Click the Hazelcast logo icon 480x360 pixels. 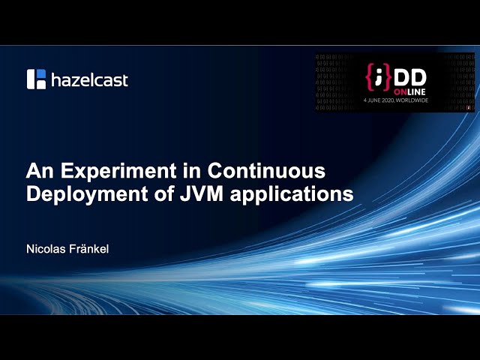click(x=37, y=79)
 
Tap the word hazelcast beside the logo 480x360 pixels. click(x=89, y=79)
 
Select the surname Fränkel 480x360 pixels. click(x=90, y=248)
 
